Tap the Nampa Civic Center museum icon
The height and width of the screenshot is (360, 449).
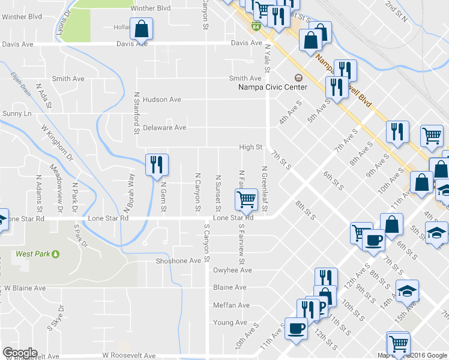298,77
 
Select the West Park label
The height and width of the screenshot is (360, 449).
32,254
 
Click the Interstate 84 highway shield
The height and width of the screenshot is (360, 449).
256,26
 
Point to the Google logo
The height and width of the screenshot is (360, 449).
20,353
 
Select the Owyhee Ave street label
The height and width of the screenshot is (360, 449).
232,271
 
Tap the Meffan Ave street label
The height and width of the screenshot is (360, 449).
231,305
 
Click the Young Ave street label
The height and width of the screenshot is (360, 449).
230,323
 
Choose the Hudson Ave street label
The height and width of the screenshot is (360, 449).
161,100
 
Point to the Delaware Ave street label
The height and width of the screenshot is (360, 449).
164,128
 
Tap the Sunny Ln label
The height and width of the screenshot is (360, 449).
16,113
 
